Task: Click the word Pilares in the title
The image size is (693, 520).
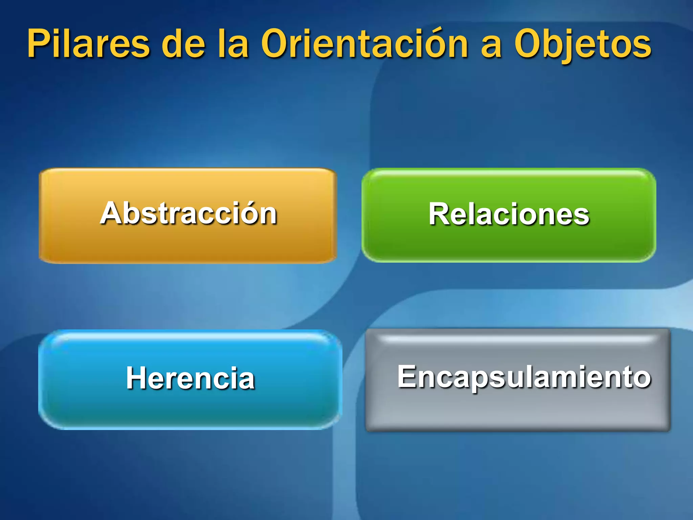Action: (89, 44)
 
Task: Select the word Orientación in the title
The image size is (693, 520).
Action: (365, 44)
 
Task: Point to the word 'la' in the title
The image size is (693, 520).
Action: (233, 44)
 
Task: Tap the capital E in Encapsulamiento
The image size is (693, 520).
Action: (407, 376)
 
